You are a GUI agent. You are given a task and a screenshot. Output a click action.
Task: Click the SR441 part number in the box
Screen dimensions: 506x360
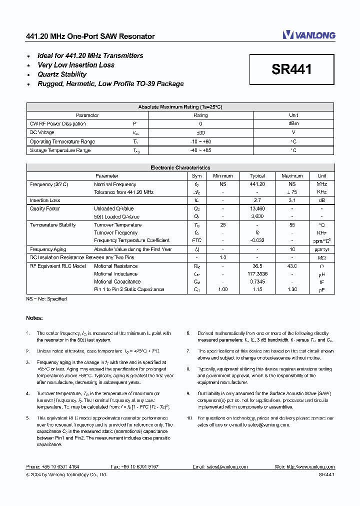(291, 69)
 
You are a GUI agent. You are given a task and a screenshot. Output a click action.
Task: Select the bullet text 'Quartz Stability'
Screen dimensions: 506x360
(62, 74)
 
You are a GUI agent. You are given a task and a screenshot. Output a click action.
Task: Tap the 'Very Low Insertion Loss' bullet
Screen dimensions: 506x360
(76, 65)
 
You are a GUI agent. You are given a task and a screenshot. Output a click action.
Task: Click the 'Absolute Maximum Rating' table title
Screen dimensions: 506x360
(180, 107)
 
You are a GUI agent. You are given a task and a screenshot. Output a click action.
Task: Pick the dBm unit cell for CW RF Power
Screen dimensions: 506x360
(293, 123)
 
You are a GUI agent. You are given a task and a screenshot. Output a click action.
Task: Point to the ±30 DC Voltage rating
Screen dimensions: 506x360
(200, 132)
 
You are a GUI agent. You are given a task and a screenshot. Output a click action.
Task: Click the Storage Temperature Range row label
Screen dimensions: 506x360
(60, 150)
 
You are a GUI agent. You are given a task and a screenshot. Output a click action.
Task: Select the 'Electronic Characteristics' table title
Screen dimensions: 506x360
(180, 168)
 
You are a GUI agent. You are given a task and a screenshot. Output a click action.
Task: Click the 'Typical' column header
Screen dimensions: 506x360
(257, 176)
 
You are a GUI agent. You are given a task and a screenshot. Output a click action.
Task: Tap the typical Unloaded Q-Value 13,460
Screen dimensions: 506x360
(257, 208)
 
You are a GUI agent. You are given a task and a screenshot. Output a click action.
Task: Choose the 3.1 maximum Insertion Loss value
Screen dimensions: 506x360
(292, 200)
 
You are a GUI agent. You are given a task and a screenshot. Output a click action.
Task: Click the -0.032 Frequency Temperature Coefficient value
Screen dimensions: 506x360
(257, 240)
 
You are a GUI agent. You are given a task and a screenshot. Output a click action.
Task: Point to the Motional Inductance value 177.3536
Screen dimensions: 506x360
(257, 274)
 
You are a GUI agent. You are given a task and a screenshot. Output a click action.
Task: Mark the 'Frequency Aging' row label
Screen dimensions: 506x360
(48, 249)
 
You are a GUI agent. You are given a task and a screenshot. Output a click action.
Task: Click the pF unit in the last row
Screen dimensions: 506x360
(321, 290)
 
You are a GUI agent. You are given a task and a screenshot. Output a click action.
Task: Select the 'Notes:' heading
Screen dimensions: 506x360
(34, 318)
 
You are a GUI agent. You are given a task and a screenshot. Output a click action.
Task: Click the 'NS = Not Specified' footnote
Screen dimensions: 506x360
(46, 299)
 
